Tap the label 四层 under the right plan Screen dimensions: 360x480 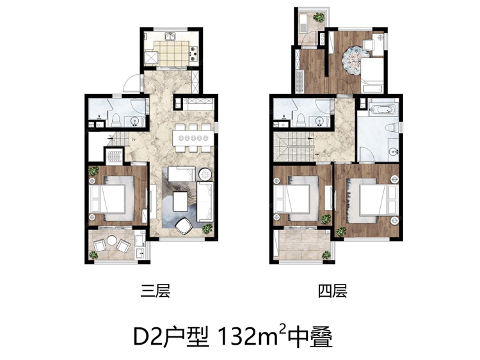click(332, 292)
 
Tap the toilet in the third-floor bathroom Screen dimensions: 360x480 click(115, 119)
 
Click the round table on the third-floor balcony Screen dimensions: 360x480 click(112, 243)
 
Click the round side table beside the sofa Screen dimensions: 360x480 click(205, 173)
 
